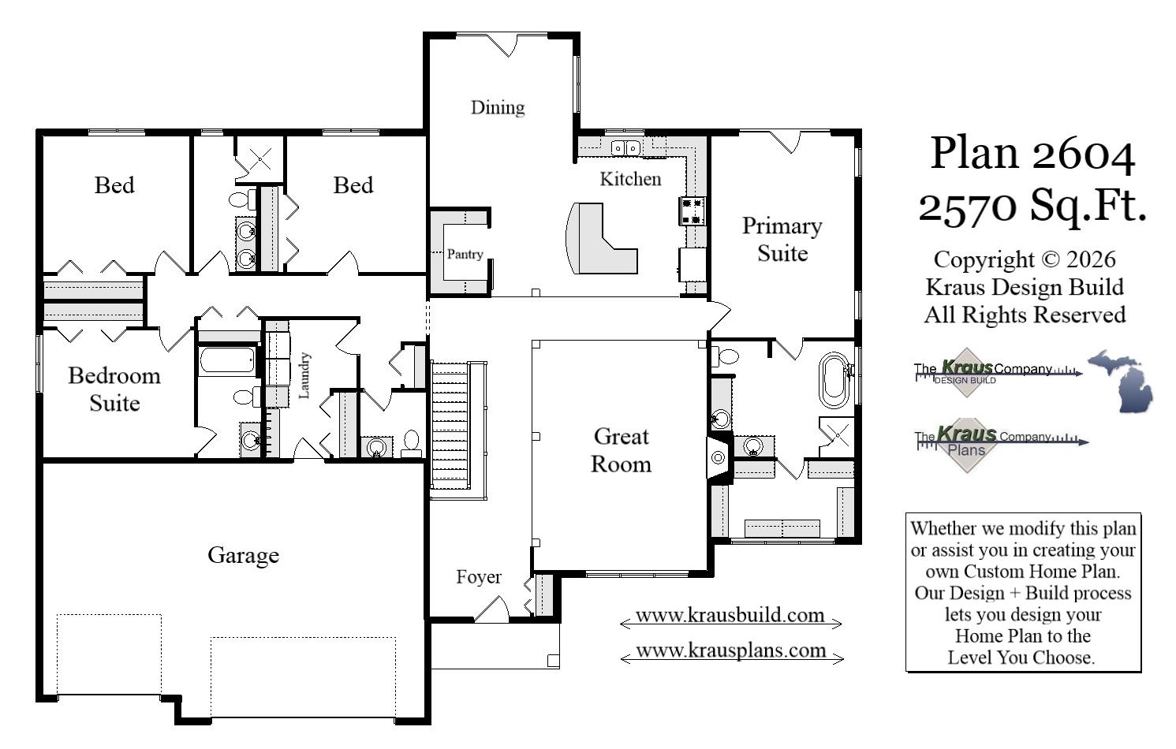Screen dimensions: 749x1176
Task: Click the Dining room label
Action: pyautogui.click(x=498, y=107)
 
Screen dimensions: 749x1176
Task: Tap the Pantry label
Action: pyautogui.click(x=465, y=254)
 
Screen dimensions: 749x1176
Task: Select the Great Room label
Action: pyautogui.click(x=622, y=450)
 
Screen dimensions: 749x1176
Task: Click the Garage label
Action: pyautogui.click(x=243, y=555)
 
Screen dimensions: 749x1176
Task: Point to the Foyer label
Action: pyautogui.click(x=479, y=577)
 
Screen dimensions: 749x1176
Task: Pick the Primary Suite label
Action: pyautogui.click(x=782, y=240)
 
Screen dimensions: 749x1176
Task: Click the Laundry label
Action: pyautogui.click(x=304, y=375)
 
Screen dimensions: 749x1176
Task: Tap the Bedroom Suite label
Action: pyautogui.click(x=114, y=389)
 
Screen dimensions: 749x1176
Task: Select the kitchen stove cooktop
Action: pyautogui.click(x=692, y=211)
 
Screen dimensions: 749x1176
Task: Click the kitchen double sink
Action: pyautogui.click(x=625, y=147)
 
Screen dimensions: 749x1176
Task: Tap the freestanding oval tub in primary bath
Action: pyautogui.click(x=833, y=379)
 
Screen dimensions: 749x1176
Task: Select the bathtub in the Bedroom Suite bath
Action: pyautogui.click(x=227, y=361)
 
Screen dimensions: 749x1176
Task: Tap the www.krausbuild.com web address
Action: pyautogui.click(x=730, y=616)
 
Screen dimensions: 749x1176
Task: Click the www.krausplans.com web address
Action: pyautogui.click(x=731, y=651)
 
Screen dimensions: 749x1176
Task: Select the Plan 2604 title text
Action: pyautogui.click(x=1032, y=153)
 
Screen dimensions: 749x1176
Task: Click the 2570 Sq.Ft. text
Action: pyautogui.click(x=1032, y=207)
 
